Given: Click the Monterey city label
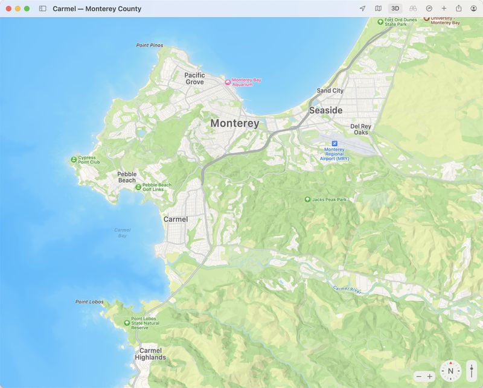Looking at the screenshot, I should [x=235, y=123].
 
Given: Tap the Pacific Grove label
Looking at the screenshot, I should [x=194, y=78].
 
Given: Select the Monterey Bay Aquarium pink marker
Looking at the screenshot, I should [x=228, y=82].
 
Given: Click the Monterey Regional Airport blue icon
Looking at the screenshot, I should [x=334, y=143].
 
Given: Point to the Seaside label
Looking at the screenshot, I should [x=325, y=110].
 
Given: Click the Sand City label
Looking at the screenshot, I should [x=330, y=91].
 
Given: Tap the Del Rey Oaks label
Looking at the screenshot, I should [x=361, y=129].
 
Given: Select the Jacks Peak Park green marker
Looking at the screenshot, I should [x=307, y=200].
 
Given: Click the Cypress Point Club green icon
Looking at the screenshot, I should [x=74, y=160].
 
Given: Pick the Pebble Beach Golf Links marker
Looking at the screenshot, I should [x=138, y=187].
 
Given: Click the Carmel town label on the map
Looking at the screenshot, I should [x=176, y=219].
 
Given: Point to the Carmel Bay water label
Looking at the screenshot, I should [x=123, y=232].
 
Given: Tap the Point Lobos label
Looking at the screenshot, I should [x=89, y=302].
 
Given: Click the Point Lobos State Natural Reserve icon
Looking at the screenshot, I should [x=127, y=323].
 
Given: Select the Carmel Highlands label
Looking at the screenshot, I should [x=150, y=354].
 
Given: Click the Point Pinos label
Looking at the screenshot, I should [x=150, y=45].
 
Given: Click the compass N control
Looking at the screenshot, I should [x=450, y=371].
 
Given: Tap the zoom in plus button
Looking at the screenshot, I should [x=430, y=377].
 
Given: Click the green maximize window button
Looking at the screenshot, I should [x=27, y=9].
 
